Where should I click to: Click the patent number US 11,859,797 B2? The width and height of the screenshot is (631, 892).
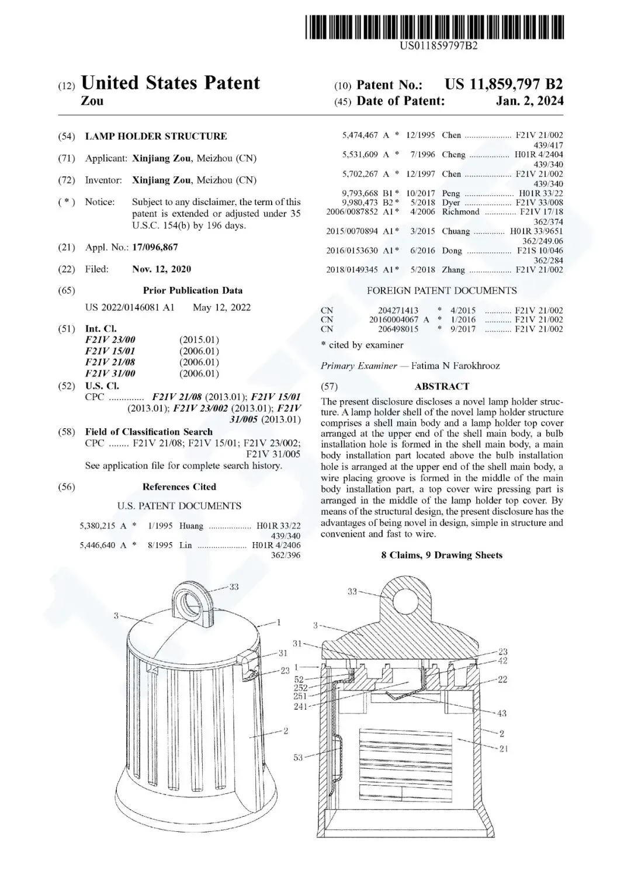pos(504,84)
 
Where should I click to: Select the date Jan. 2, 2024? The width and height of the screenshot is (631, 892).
pos(529,101)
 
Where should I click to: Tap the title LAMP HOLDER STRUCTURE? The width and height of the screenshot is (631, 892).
pos(156,136)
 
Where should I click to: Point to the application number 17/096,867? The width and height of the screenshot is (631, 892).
pos(155,247)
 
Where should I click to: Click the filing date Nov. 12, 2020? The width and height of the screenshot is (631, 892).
pos(161,269)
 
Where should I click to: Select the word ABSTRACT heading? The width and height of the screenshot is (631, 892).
pos(442,386)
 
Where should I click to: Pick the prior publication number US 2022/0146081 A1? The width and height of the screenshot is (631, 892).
pos(130,307)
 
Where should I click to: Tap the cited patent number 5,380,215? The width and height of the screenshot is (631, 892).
pos(98,526)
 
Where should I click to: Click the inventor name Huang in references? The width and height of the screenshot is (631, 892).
pos(192,526)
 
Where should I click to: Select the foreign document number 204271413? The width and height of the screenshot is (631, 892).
pos(398,310)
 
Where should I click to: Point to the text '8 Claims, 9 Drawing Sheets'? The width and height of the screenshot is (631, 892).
pos(442,555)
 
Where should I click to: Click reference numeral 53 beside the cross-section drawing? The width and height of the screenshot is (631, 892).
pos(299,758)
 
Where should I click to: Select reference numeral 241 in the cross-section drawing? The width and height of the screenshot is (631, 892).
pos(300,706)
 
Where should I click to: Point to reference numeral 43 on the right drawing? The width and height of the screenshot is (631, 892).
pos(502,713)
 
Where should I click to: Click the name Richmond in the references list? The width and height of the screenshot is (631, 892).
pos(460,212)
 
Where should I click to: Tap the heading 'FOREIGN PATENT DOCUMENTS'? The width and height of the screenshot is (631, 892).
pos(442,290)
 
